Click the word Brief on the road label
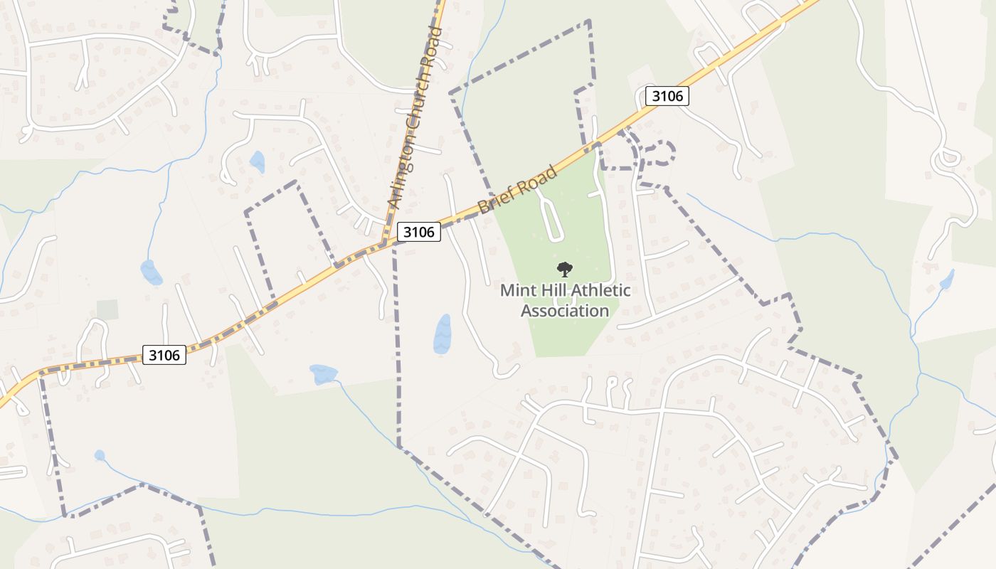tap(495, 200)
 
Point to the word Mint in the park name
tap(517, 290)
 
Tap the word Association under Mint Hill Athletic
tap(565, 311)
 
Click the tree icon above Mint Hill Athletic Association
tap(565, 269)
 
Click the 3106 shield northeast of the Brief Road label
tap(667, 96)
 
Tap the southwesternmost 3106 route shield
tap(164, 354)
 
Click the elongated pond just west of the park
tap(443, 334)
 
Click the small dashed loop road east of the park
tap(659, 153)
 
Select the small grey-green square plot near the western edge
tap(107, 309)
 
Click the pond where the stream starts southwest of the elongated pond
tap(322, 373)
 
